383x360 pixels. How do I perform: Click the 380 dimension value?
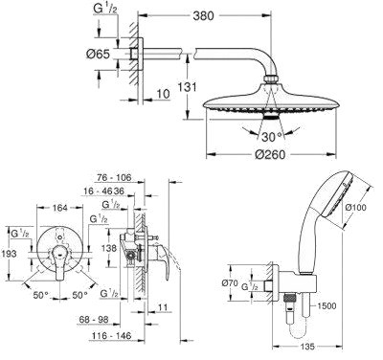point(203,15)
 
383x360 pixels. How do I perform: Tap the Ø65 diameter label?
point(98,54)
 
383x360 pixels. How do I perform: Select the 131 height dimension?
point(187,87)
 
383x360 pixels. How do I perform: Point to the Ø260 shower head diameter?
point(270,155)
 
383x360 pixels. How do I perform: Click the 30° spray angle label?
point(272,137)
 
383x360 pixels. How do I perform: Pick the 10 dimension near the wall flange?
point(163,94)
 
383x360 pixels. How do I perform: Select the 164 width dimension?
point(60,208)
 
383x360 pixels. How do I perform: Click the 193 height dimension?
point(8,254)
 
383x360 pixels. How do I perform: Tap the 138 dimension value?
point(110,248)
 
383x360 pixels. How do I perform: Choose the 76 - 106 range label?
point(114,177)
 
